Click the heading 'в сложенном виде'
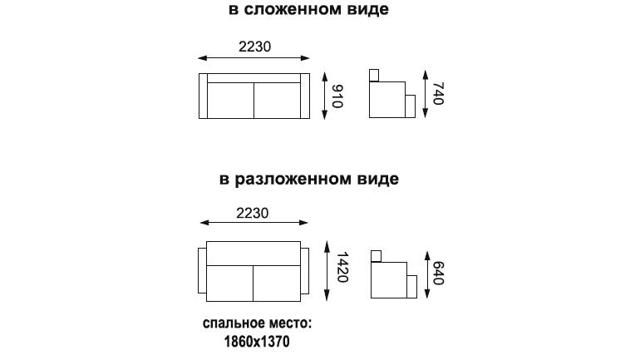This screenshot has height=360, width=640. click(x=308, y=9)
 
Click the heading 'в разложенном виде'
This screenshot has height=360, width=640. click(x=309, y=180)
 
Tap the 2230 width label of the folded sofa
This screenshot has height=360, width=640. click(x=254, y=47)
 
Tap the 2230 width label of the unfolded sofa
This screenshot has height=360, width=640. click(x=252, y=213)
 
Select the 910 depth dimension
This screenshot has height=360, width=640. click(x=337, y=96)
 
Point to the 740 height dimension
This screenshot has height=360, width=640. click(x=438, y=93)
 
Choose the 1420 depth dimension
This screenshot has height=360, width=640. click(x=342, y=268)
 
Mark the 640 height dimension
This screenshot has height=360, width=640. click(x=438, y=273)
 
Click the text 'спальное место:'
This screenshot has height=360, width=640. click(x=257, y=323)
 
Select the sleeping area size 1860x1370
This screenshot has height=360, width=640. click(x=257, y=341)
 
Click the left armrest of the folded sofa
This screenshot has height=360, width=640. click(x=204, y=96)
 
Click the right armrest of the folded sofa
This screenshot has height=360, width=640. click(x=305, y=96)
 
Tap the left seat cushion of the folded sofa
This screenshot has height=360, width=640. click(x=230, y=101)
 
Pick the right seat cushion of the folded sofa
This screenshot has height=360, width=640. click(x=277, y=101)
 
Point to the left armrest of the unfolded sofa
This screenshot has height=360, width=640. click(x=202, y=270)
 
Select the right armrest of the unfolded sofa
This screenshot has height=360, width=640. click(x=305, y=270)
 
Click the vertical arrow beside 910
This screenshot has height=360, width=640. click(x=325, y=96)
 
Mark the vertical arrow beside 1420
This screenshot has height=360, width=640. click(x=327, y=270)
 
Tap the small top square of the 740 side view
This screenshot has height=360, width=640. click(x=374, y=76)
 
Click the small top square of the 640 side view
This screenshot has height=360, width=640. click(x=376, y=256)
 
